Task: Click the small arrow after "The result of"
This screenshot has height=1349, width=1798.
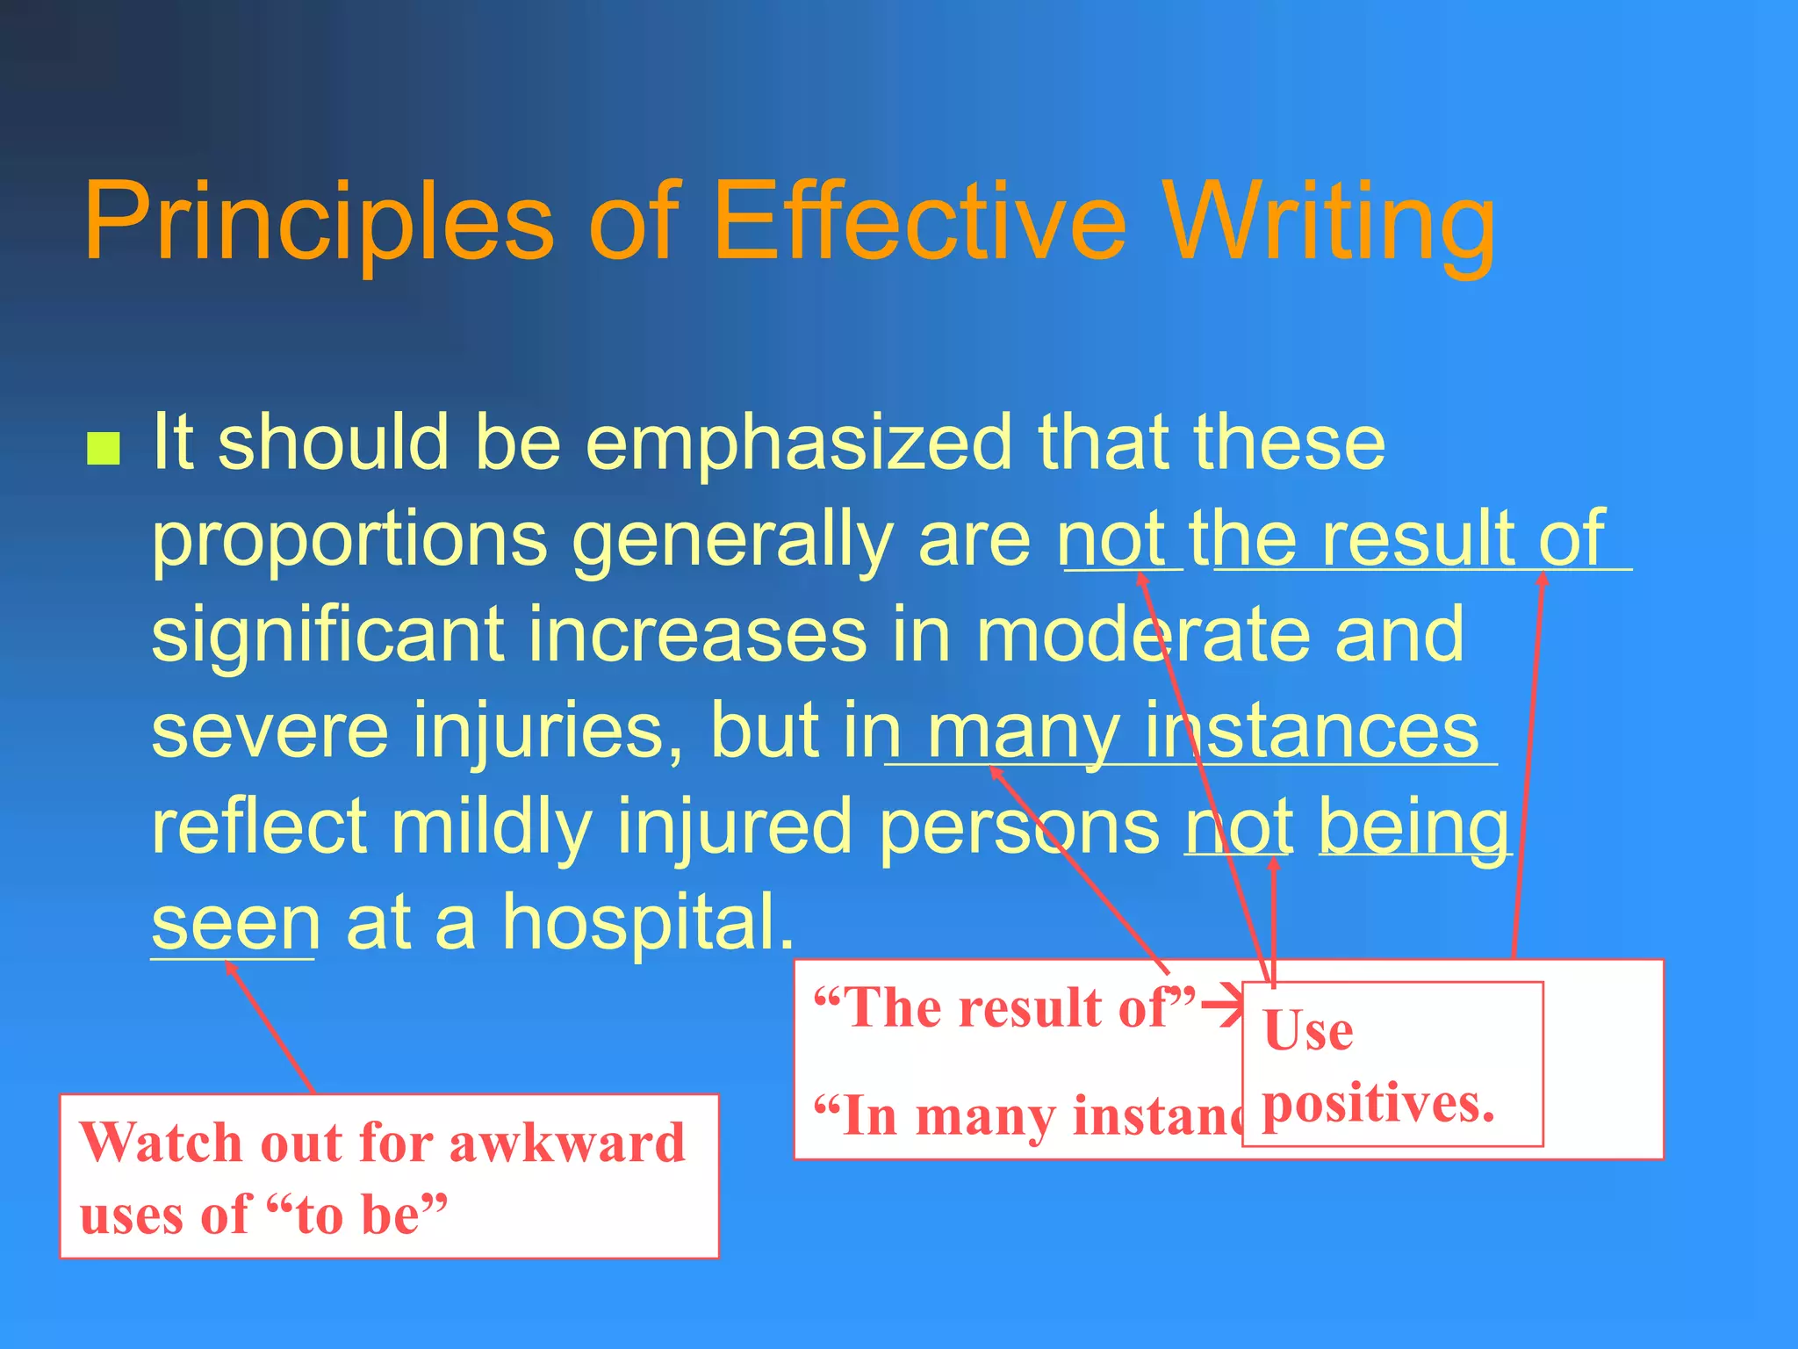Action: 1221,1006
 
